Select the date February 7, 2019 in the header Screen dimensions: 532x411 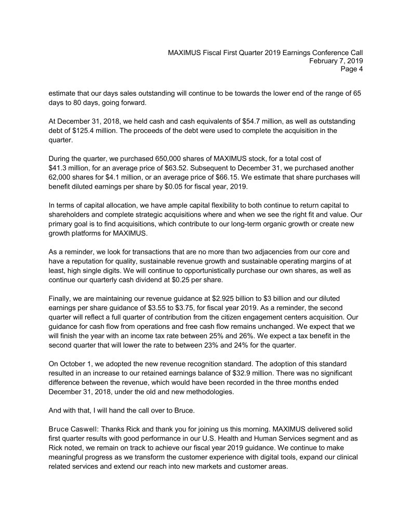coord(336,61)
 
